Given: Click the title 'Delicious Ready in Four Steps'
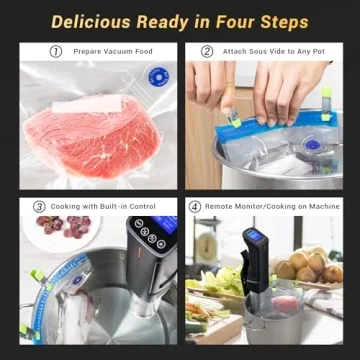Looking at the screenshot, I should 180,20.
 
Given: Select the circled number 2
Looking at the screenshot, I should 207,51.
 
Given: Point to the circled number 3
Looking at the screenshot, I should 39,206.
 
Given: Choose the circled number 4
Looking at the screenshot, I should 194,206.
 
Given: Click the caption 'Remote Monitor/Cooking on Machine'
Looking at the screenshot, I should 271,206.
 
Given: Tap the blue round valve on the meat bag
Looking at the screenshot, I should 157,78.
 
